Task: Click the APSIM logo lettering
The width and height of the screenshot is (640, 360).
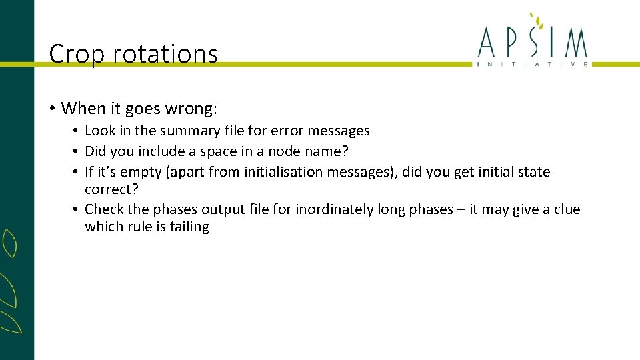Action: [532, 43]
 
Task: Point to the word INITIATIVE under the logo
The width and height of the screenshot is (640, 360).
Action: [532, 64]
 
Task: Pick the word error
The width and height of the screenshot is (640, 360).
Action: [290, 131]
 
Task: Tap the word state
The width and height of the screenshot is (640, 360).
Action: [534, 172]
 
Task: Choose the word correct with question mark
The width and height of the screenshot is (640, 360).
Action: [111, 189]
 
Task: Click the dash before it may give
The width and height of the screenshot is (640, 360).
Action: [461, 209]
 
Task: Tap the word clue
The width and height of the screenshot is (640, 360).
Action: [567, 209]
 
